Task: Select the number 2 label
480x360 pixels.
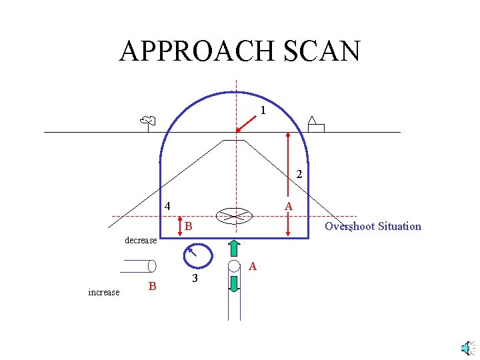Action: click(x=299, y=175)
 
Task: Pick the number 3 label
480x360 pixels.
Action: click(x=194, y=278)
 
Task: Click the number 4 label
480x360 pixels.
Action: click(x=168, y=205)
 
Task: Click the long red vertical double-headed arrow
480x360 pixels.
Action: click(x=287, y=183)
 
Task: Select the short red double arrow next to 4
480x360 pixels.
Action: click(x=180, y=225)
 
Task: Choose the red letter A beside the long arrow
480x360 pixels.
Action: click(x=289, y=207)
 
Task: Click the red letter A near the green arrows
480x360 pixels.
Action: click(x=252, y=267)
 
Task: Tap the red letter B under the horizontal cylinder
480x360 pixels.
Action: click(x=152, y=287)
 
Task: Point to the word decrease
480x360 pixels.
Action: click(x=141, y=240)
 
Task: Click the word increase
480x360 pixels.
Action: click(x=104, y=292)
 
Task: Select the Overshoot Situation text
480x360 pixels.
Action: click(x=373, y=226)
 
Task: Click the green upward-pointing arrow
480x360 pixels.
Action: click(x=234, y=247)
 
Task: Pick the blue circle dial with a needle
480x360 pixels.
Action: click(x=197, y=255)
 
